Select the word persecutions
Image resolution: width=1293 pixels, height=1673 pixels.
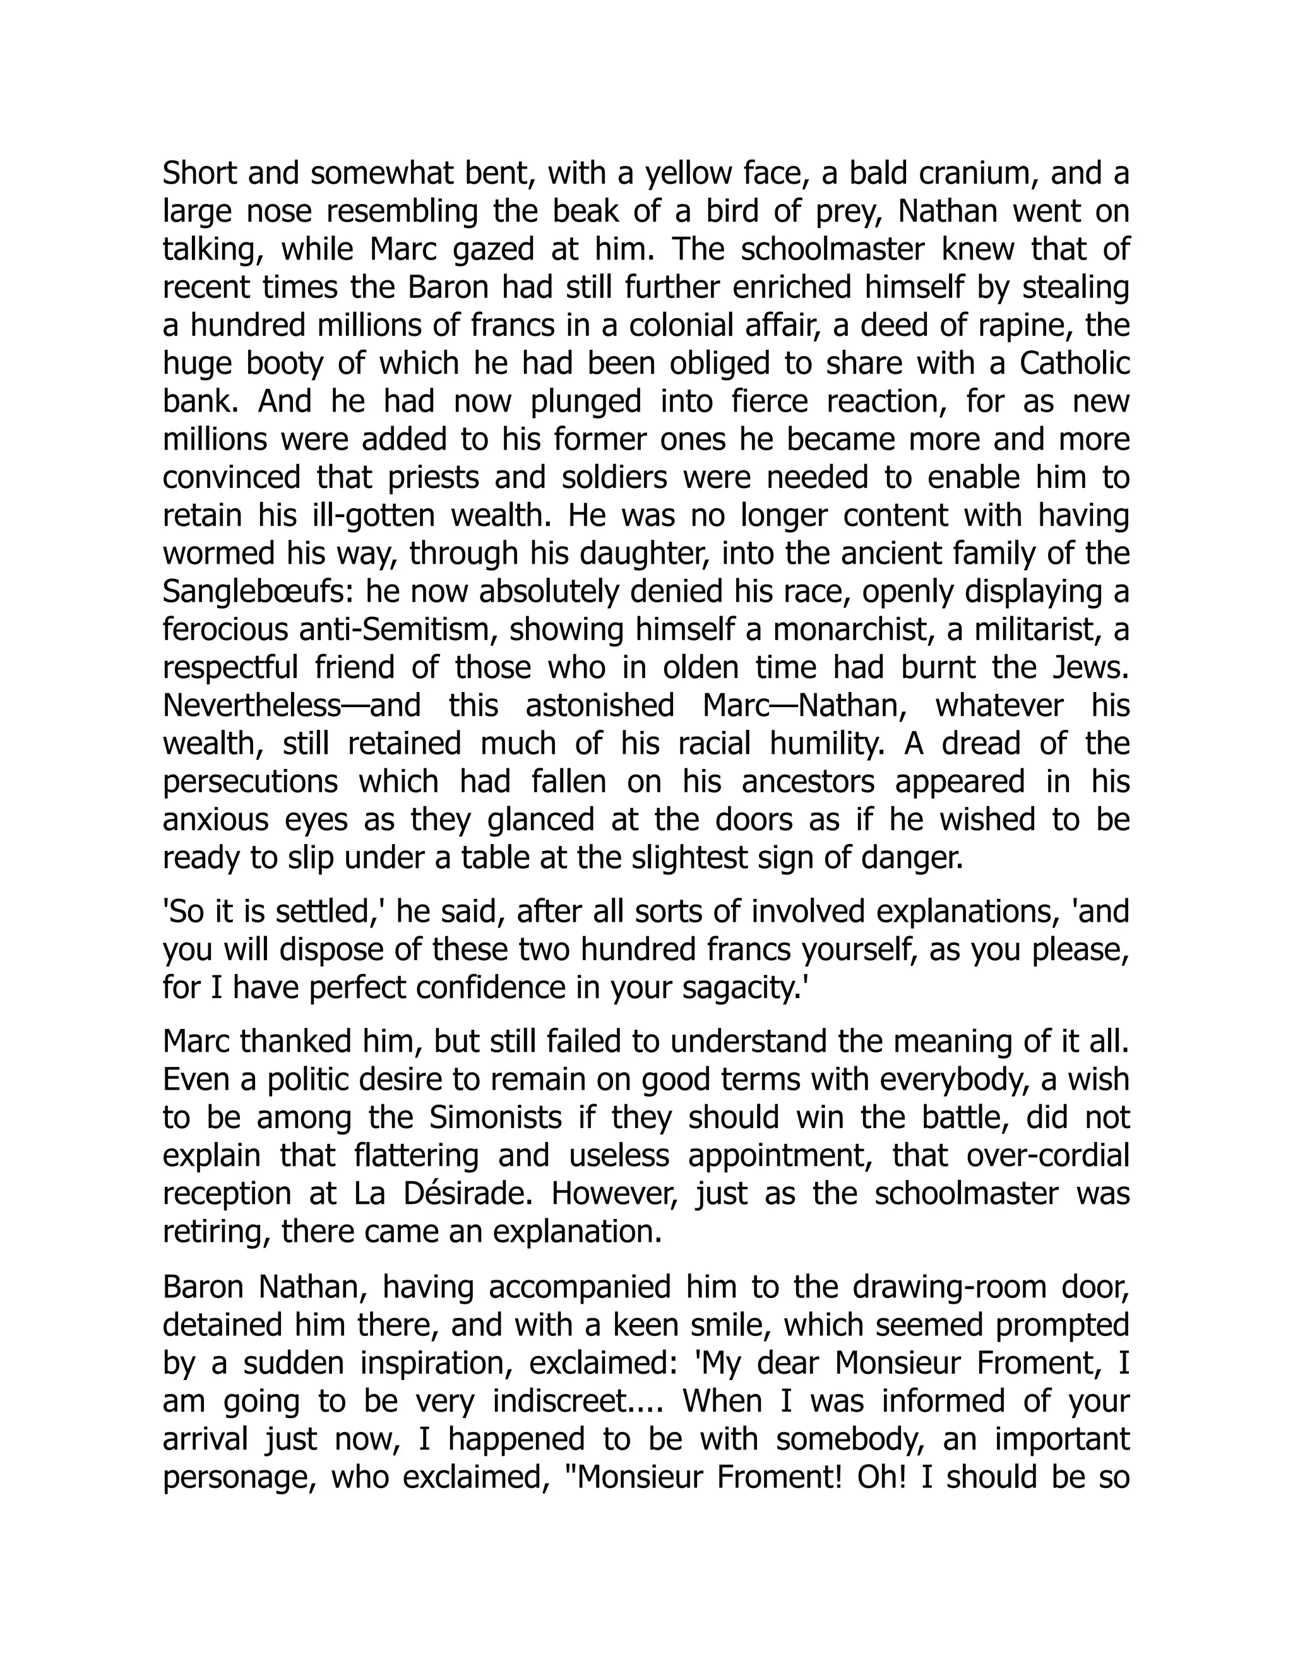(251, 782)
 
